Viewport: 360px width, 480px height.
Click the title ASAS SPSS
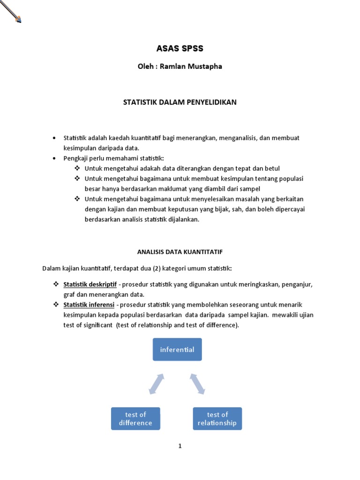pos(180,48)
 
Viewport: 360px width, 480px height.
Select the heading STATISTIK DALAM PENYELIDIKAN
pos(180,102)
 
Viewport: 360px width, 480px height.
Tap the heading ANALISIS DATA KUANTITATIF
pos(180,252)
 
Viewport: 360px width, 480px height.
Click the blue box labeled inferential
pos(177,349)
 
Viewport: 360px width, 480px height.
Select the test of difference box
pos(135,419)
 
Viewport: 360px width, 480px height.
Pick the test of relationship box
pos(217,419)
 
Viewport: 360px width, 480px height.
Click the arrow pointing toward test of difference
pos(157,384)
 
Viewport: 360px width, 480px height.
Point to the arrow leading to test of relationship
pos(197,384)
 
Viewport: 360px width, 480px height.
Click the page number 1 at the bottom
pos(180,446)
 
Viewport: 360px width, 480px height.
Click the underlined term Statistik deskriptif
pos(90,285)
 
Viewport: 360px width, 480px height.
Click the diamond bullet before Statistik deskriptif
pos(55,285)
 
